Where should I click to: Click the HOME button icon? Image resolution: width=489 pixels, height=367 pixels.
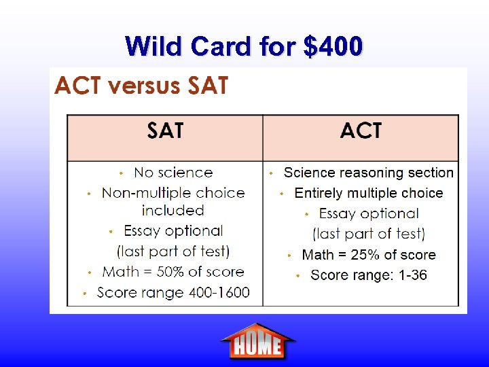pos(257,341)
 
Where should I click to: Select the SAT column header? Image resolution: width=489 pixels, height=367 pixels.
pos(165,131)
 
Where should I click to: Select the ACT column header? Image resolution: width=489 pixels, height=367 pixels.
pos(361,131)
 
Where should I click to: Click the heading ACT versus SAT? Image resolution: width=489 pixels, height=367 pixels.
pos(141,86)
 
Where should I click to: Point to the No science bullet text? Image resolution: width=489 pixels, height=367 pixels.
pos(173,173)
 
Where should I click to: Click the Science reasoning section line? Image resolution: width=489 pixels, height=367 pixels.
pos(368,173)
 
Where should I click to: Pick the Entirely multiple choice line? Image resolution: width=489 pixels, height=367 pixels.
pos(368,193)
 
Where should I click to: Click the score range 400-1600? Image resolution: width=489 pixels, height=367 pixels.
pos(219,292)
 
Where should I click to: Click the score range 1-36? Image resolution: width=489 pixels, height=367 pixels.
pos(405,275)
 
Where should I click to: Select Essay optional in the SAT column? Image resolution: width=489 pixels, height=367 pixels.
pos(173,231)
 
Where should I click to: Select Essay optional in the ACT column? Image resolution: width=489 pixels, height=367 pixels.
pos(368,213)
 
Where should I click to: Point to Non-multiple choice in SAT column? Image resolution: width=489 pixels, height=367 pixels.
pos(173,193)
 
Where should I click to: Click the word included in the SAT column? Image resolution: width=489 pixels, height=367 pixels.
pos(173,211)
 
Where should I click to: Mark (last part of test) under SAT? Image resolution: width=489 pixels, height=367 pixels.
pos(173,251)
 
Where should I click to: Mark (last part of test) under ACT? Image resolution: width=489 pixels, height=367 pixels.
pos(368,234)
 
